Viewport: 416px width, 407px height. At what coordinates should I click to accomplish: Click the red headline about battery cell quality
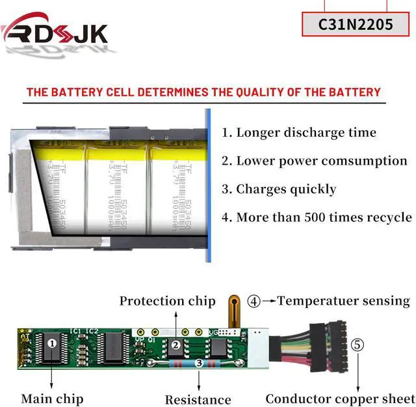click(x=203, y=92)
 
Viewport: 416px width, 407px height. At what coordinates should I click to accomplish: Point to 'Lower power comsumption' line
click(x=321, y=161)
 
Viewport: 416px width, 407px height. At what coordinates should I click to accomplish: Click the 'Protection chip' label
click(x=167, y=301)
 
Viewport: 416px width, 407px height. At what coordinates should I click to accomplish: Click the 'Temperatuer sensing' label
click(x=343, y=301)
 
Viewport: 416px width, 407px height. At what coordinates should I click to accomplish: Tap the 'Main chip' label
click(x=52, y=398)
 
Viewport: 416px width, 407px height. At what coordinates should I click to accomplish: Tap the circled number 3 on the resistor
click(x=198, y=363)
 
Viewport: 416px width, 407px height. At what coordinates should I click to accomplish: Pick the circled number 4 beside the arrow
click(x=253, y=302)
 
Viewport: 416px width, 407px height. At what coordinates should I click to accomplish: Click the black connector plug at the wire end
click(x=326, y=348)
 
